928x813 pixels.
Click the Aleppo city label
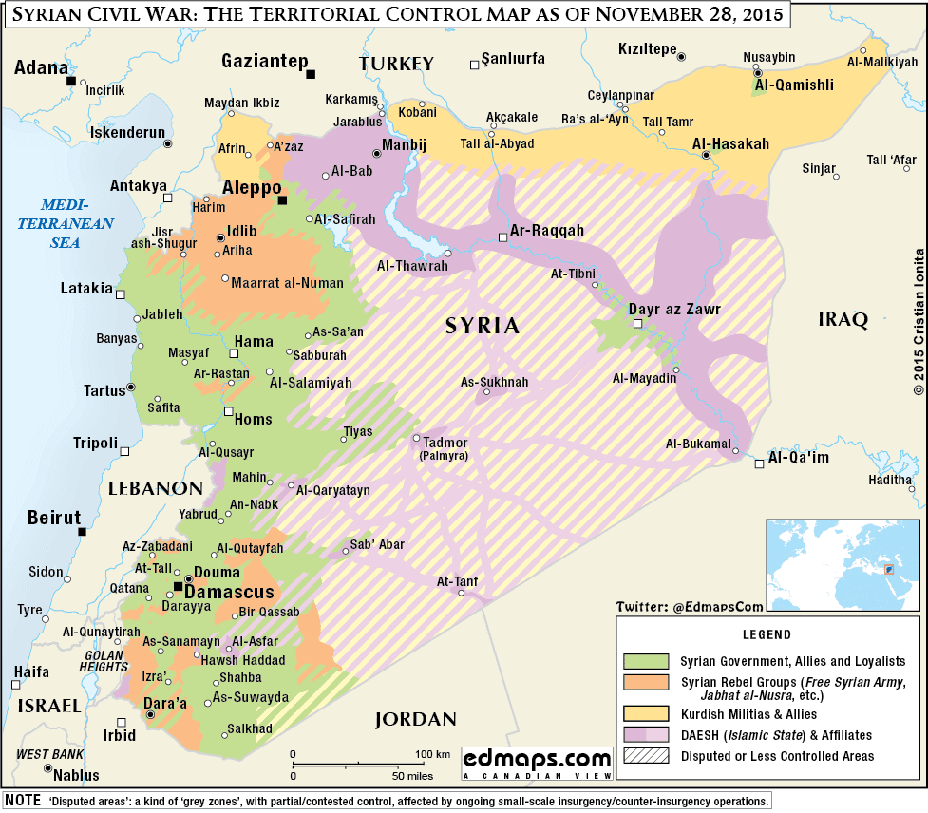pos(252,187)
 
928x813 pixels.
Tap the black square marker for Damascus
pos(178,587)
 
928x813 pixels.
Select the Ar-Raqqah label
pos(546,231)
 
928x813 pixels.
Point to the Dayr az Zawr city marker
pos(638,324)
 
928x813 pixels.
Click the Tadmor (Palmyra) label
pos(437,446)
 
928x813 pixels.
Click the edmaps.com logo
pos(537,762)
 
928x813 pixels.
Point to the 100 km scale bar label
pos(431,754)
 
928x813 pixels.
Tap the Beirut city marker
pos(81,532)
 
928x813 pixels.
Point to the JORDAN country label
pos(415,719)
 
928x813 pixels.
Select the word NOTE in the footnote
pos(23,801)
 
